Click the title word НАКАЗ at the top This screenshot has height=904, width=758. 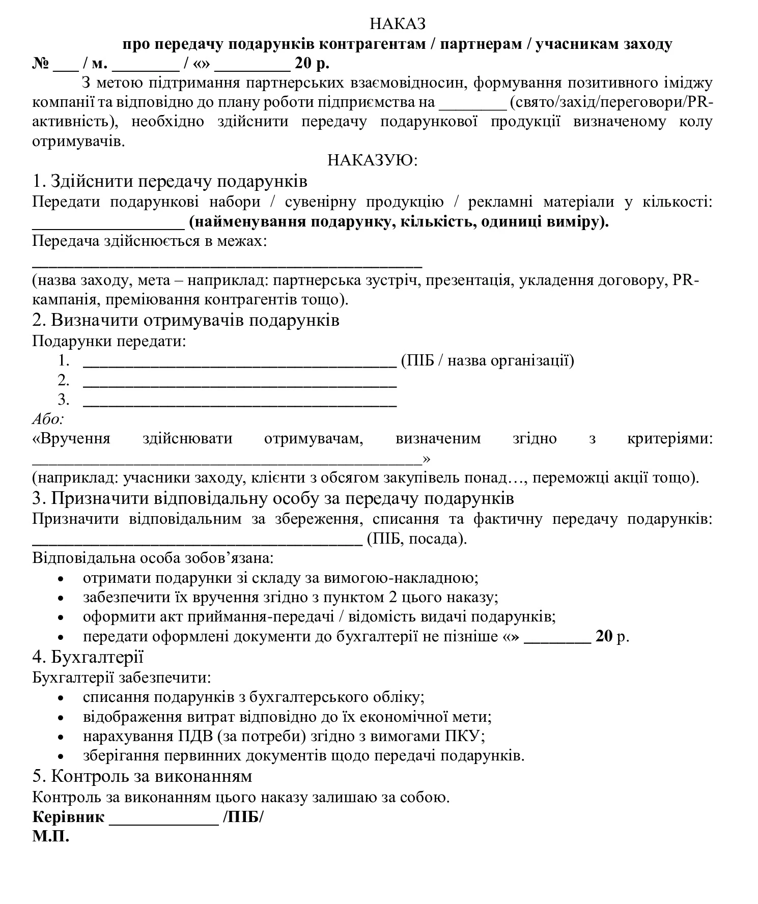[x=397, y=23]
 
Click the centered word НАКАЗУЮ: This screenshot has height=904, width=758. [x=372, y=160]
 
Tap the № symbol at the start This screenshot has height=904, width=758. [x=41, y=64]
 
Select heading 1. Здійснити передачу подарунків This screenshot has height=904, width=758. [x=170, y=181]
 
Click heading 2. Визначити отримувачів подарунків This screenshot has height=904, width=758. [x=186, y=320]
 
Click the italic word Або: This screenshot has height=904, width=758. [x=48, y=419]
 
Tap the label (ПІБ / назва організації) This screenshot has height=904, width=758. [x=487, y=361]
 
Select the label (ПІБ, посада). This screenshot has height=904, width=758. [x=416, y=539]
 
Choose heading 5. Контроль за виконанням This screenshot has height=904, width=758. [x=142, y=776]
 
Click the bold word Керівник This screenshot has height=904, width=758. [x=68, y=817]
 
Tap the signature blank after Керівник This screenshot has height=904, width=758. [x=163, y=818]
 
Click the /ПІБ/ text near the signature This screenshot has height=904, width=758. [x=243, y=817]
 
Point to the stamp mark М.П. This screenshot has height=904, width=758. [x=50, y=836]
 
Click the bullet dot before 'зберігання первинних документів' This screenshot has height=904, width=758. [x=61, y=757]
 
